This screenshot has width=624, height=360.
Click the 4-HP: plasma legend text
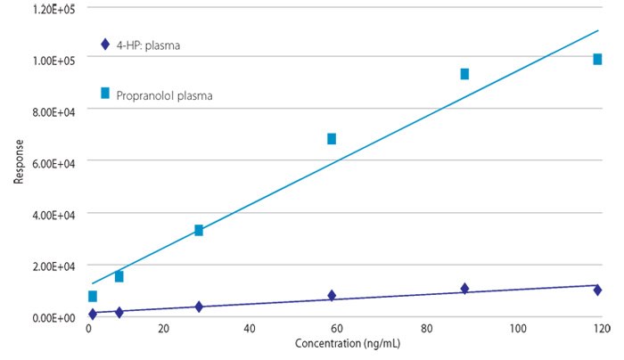point(148,45)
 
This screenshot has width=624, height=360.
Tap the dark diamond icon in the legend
point(105,44)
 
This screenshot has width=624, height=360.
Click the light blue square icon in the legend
point(105,93)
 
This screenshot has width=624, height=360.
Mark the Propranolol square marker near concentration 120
point(597,59)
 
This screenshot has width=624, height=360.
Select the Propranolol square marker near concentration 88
point(464,74)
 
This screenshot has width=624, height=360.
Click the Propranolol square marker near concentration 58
point(332,138)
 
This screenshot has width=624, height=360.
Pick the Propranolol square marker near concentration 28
point(199,230)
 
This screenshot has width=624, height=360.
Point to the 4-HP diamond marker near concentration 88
point(464,288)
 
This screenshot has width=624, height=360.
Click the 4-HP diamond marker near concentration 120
point(597,290)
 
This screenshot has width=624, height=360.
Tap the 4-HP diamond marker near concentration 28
point(199,306)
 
